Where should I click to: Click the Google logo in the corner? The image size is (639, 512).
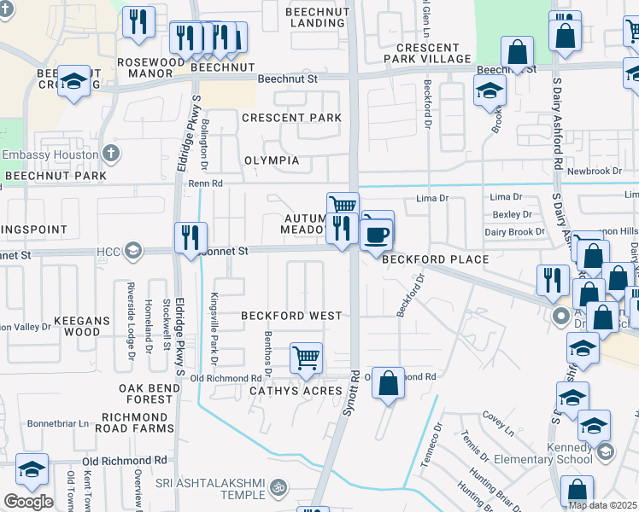[x=27, y=502]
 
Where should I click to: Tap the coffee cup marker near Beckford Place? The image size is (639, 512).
[x=378, y=232]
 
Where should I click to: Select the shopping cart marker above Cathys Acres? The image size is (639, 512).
[x=306, y=358]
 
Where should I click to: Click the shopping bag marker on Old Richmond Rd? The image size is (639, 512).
[x=388, y=383]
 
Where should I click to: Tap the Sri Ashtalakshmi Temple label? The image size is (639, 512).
[x=212, y=489]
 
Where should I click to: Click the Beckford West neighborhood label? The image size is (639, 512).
[x=290, y=316]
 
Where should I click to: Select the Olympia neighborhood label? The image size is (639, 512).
[x=272, y=160]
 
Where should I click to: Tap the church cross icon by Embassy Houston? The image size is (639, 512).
[x=110, y=154]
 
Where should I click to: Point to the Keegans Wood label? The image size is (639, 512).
[x=78, y=325]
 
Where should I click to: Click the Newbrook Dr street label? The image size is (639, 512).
[x=595, y=171]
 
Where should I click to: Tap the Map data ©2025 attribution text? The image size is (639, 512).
[x=601, y=504]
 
